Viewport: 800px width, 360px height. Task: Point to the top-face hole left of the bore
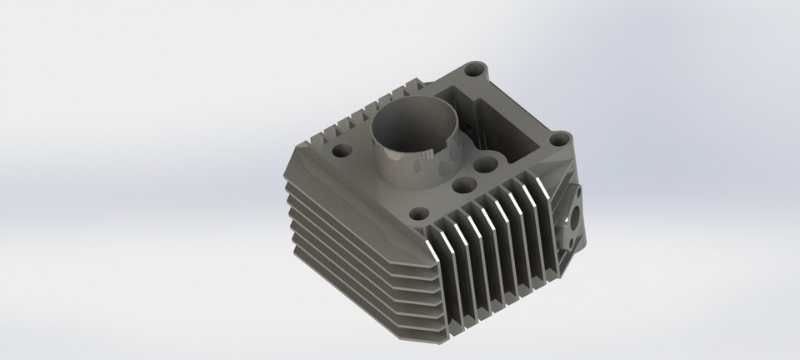coord(342,152)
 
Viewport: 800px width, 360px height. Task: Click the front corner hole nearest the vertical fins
coord(419,212)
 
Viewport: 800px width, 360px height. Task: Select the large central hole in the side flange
coord(574,224)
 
